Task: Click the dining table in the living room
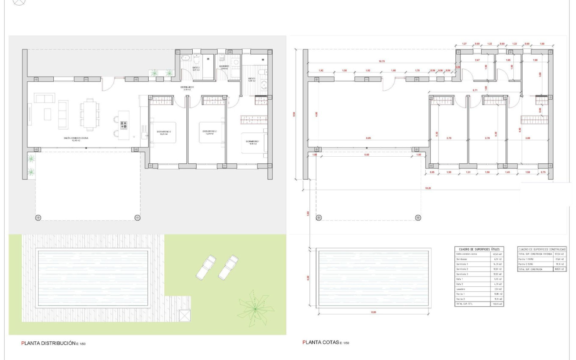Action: pos(89,114)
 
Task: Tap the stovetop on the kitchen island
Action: pos(124,125)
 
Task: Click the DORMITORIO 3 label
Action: pos(252,142)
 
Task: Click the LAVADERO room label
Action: pos(224,66)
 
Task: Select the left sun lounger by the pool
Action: pos(206,267)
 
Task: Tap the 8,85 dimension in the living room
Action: pos(368,138)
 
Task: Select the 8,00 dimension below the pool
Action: pos(374,312)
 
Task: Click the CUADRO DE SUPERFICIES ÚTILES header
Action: pos(479,249)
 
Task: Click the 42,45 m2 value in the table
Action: pos(496,254)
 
